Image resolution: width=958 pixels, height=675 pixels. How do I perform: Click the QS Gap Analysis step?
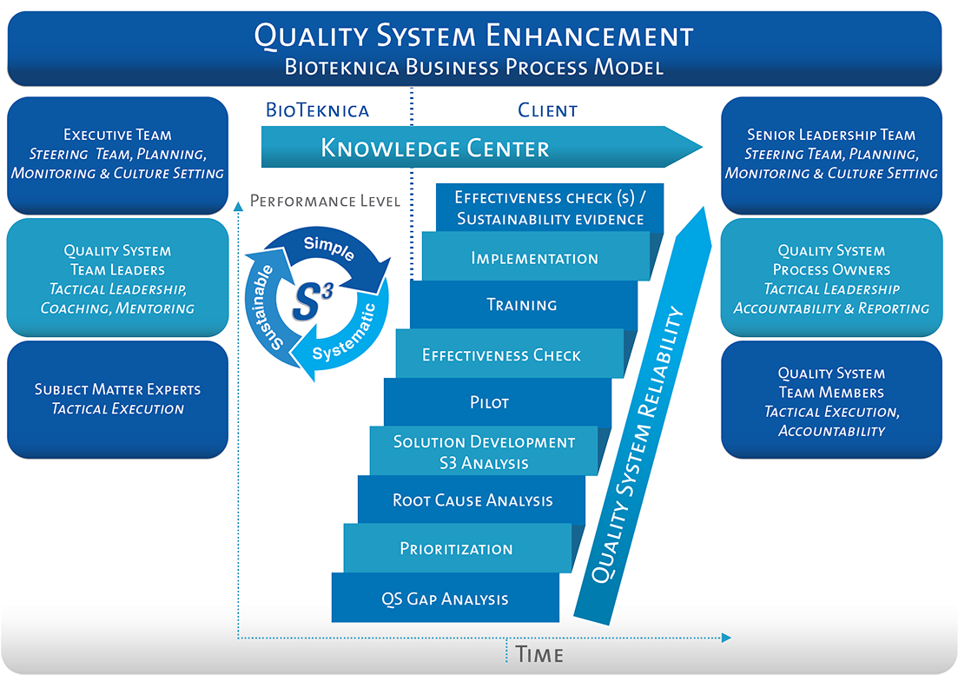tap(445, 599)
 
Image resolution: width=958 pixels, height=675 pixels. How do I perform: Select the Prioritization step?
tap(456, 548)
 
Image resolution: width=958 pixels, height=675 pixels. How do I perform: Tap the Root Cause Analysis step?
tap(472, 500)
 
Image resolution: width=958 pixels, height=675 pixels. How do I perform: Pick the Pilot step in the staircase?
tap(488, 402)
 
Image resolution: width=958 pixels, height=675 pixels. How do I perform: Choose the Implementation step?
tap(534, 258)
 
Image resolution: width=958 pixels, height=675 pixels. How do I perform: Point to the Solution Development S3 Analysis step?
tap(484, 452)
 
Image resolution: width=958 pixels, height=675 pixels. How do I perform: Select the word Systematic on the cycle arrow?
tap(344, 334)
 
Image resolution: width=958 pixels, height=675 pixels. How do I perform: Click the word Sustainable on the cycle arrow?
tap(265, 306)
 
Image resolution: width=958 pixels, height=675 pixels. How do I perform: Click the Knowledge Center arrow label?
tap(434, 148)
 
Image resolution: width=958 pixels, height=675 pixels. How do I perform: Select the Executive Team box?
tap(117, 154)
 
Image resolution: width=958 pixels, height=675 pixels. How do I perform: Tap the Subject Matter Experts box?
tap(117, 399)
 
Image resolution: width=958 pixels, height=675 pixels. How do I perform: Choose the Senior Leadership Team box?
tap(831, 154)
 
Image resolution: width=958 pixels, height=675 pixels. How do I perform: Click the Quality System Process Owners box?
tap(831, 279)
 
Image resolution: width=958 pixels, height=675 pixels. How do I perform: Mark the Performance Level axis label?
tap(325, 202)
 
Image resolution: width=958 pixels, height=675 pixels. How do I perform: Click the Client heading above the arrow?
tap(547, 110)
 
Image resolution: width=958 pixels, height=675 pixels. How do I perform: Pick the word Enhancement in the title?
tap(590, 36)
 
